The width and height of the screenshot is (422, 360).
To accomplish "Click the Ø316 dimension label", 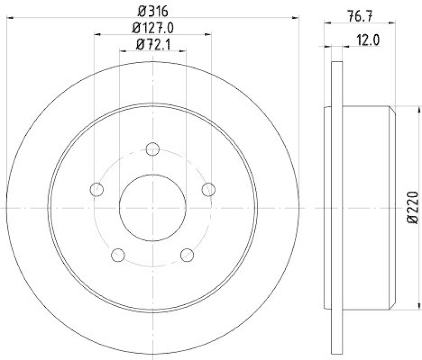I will pos(152,11).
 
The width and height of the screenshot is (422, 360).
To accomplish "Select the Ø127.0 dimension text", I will pos(152,27).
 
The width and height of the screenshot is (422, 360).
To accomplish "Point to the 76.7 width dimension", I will pos(361,16).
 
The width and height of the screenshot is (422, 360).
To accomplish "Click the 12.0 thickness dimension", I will pos(369,40).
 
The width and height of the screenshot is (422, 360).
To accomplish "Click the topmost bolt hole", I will pos(152,149).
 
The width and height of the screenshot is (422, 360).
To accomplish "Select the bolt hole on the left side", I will pos(97,189).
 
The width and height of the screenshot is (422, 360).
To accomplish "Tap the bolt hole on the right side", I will pos(209,189).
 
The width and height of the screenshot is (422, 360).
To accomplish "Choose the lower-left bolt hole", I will pos(118,255).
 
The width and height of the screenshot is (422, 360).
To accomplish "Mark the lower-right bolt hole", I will pos(187,255).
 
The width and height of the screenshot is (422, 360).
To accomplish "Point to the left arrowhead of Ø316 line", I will pos(9,18).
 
